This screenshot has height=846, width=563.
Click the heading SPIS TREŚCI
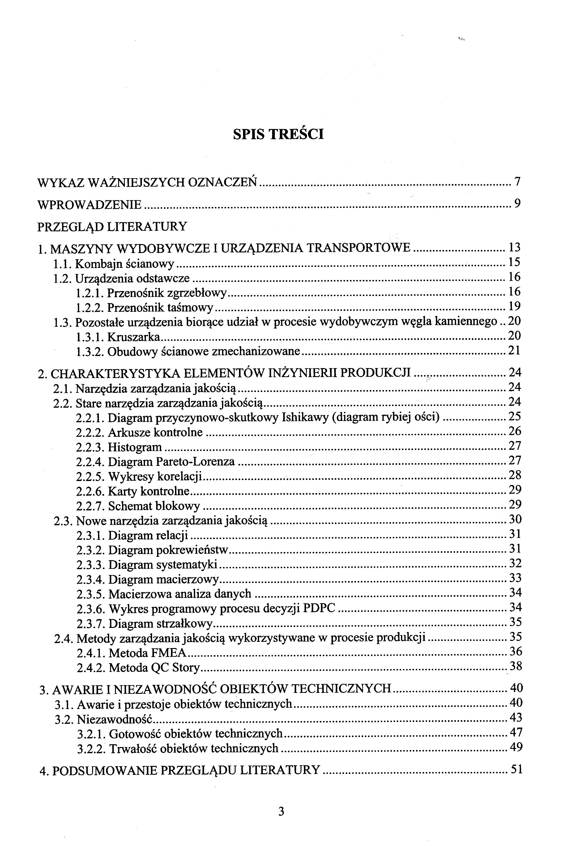coord(278,134)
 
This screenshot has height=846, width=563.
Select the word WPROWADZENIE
coord(89,205)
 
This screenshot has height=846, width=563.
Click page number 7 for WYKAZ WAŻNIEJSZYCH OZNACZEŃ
coord(517,182)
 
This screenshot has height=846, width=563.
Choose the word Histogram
coord(135,447)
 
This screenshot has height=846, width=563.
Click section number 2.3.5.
coord(91,594)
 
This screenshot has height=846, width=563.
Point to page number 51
coord(516,770)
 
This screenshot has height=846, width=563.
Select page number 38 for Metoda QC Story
coord(516,667)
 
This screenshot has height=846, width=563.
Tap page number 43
coord(516,718)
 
